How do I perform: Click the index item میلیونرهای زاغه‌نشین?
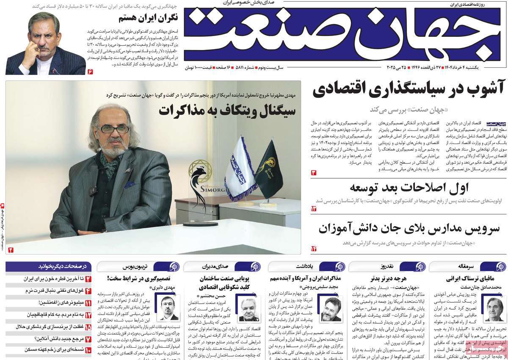click(58, 303)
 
